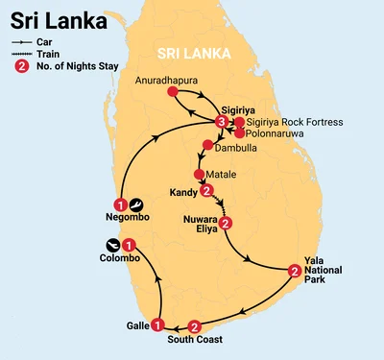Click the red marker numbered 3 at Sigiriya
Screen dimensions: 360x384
(x=222, y=123)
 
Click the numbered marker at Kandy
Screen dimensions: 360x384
(x=205, y=190)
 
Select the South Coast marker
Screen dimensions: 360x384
(x=195, y=325)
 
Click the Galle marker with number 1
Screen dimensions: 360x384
(x=156, y=324)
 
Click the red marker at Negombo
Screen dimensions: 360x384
(x=120, y=204)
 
